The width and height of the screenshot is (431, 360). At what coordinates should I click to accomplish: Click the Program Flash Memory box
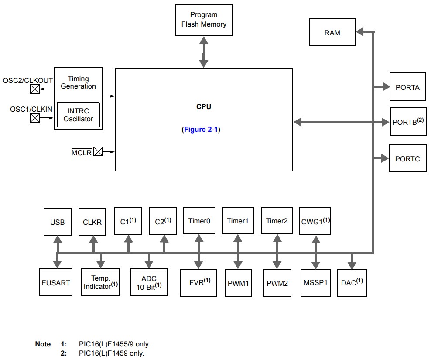point(204,20)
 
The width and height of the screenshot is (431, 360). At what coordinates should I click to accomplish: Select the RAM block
point(332,33)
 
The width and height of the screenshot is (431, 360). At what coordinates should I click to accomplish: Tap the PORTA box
point(407,87)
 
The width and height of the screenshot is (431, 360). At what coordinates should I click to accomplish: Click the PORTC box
point(407,159)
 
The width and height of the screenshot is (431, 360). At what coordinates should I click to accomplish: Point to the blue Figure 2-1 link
point(201,130)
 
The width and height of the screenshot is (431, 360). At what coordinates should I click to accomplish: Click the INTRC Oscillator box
point(79,115)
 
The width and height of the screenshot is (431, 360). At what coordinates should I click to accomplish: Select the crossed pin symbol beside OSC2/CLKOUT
point(35,89)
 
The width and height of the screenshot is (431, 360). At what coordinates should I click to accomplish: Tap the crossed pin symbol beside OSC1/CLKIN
point(35,118)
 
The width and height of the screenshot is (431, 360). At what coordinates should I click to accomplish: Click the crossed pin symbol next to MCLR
point(98,152)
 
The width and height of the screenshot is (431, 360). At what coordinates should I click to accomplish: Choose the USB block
point(58,222)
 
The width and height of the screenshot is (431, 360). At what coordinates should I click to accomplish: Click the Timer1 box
point(238,221)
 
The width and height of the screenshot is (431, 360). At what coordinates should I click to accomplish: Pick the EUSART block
point(56,283)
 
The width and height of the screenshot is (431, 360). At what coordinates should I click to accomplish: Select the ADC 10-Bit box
point(149,282)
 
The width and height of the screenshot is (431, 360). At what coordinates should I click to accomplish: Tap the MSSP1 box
point(315,283)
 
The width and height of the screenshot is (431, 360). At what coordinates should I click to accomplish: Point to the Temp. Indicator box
point(100,282)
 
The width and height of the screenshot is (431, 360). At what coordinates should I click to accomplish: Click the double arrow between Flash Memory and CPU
point(203,51)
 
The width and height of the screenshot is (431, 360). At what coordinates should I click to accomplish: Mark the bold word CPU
point(204,107)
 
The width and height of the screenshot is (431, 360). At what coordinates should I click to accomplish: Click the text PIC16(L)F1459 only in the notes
point(111,353)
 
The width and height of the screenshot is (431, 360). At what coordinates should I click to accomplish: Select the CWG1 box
point(315,221)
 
